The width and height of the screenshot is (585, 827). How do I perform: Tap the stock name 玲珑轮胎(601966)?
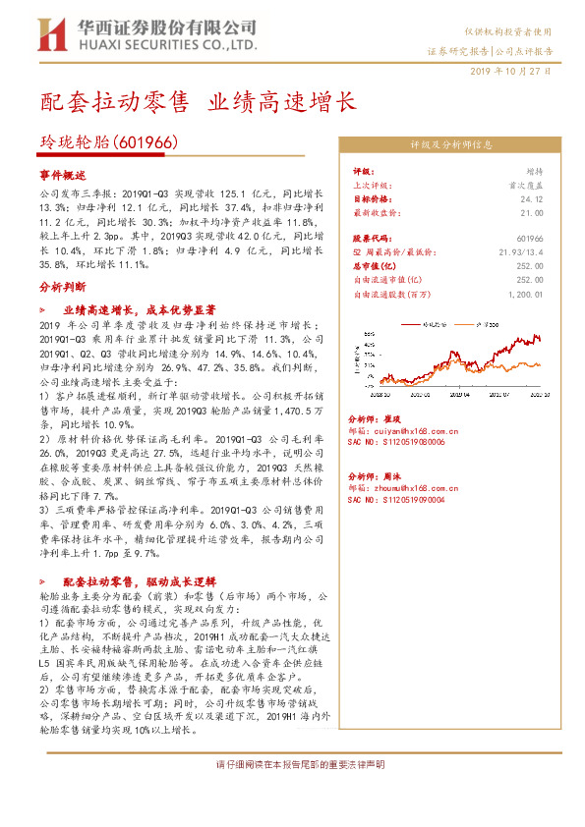(108, 142)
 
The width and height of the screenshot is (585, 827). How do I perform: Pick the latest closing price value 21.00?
(532, 211)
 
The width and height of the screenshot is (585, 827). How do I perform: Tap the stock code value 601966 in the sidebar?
(529, 238)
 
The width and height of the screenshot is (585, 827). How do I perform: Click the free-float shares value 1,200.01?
(525, 293)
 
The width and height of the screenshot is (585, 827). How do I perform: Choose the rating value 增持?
(535, 171)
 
